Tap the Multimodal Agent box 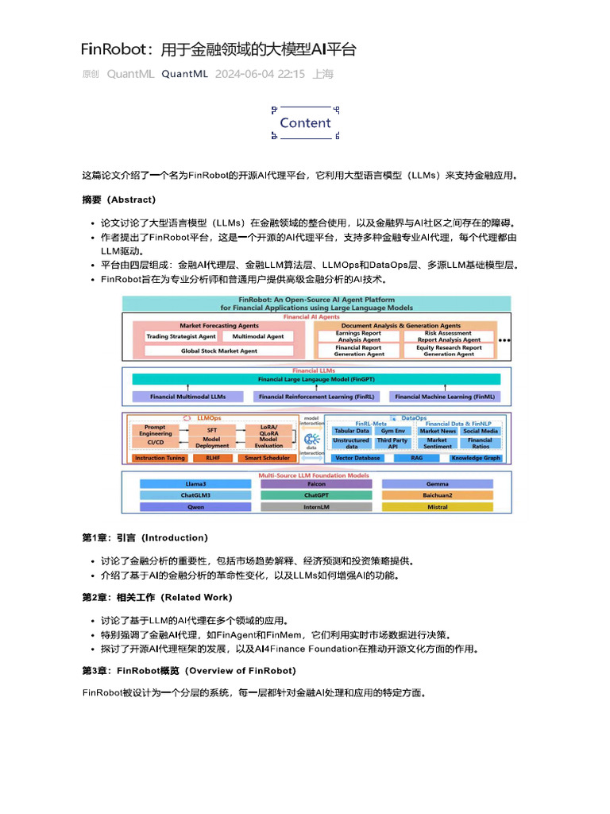pyautogui.click(x=258, y=336)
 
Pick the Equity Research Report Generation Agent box pyautogui.click(x=449, y=351)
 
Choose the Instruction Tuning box pyautogui.click(x=160, y=458)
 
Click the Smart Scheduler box pyautogui.click(x=267, y=458)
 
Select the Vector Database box pyautogui.click(x=357, y=458)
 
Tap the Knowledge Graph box pyautogui.click(x=475, y=458)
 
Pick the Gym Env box pyautogui.click(x=392, y=431)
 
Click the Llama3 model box pyautogui.click(x=195, y=483)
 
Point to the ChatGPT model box pyautogui.click(x=316, y=494)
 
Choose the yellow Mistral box pyautogui.click(x=437, y=506)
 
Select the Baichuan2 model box pyautogui.click(x=437, y=494)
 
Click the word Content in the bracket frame pyautogui.click(x=305, y=123)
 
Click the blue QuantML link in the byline pyautogui.click(x=184, y=74)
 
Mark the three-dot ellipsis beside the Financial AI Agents pyautogui.click(x=506, y=340)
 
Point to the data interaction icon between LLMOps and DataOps pyautogui.click(x=312, y=439)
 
